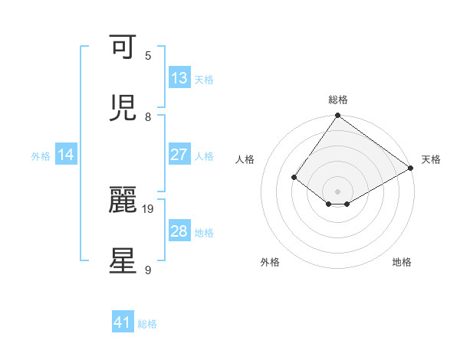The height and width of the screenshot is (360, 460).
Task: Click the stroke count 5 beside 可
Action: pos(148,55)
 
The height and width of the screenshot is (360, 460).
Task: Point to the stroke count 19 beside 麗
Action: pos(148,208)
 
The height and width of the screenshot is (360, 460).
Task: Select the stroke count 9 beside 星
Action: pos(148,270)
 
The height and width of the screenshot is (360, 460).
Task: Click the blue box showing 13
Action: pos(179,78)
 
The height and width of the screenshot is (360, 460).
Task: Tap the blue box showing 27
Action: pos(179,155)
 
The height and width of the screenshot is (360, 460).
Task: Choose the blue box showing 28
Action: pos(179,231)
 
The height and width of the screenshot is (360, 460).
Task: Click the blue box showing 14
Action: pos(66,155)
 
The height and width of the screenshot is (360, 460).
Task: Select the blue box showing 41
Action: pos(123,322)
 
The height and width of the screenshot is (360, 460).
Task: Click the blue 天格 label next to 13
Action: pos(204,79)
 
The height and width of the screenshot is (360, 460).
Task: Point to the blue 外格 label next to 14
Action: pos(41,155)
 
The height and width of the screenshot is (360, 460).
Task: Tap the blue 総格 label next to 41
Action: pos(147,324)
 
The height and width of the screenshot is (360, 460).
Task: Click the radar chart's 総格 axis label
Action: pos(338,100)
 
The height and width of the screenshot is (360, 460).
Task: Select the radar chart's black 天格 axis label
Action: pos(431,159)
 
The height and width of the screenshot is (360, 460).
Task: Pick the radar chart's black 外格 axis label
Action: pos(270,262)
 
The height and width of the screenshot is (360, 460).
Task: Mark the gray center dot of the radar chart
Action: pos(338,191)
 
